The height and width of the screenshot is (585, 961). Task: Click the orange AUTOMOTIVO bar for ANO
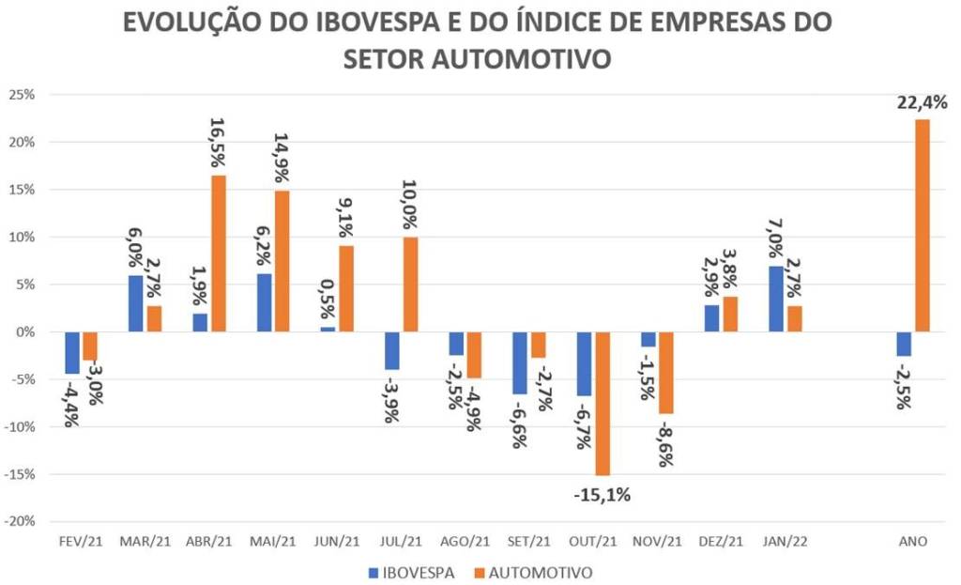pos(923,225)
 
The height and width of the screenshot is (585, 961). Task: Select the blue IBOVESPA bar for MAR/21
pos(135,303)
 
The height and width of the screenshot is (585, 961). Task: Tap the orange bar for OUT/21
pos(602,404)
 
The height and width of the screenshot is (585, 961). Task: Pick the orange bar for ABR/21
pos(218,254)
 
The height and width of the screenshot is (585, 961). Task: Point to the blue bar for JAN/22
pos(775,299)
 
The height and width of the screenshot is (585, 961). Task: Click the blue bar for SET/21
pos(520,362)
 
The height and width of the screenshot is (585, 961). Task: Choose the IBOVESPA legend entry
pos(419,571)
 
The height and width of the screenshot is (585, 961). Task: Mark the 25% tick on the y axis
pos(22,95)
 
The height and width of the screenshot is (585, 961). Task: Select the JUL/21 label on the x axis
pos(401,542)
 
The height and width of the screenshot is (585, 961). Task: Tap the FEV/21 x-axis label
pos(80,542)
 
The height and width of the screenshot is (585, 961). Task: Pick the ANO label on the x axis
pos(913,542)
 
